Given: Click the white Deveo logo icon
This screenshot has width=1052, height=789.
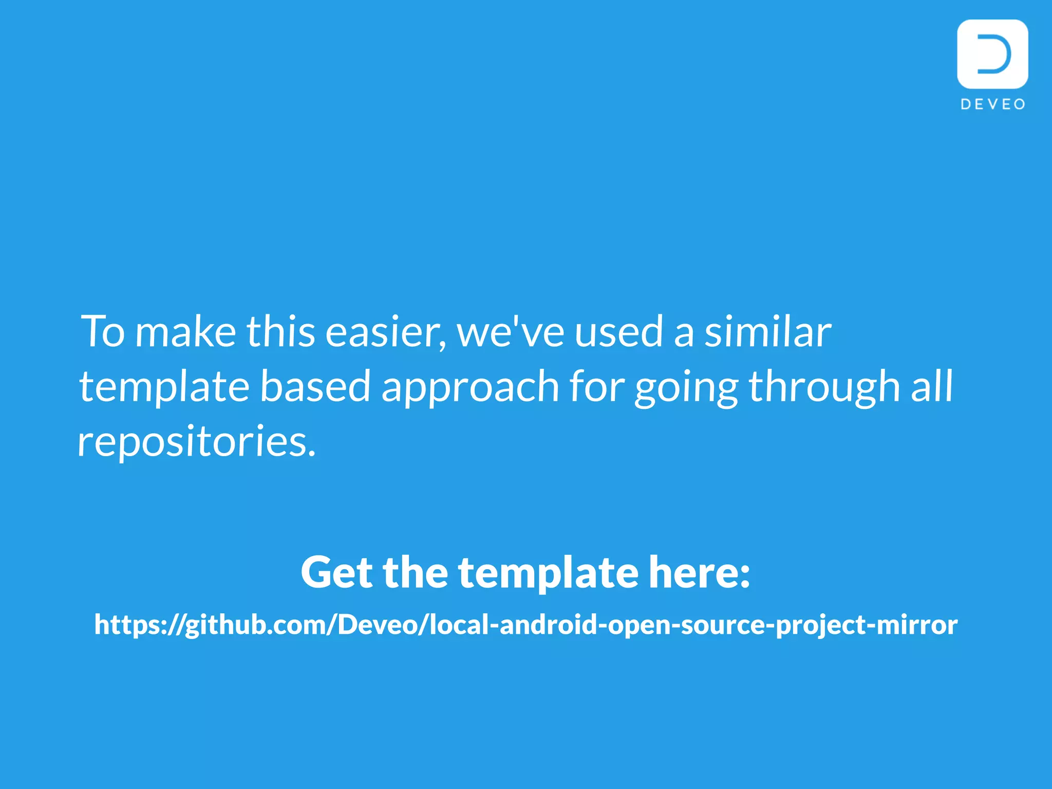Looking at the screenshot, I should [x=992, y=54].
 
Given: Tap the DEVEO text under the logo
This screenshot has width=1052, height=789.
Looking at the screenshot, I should [x=993, y=104].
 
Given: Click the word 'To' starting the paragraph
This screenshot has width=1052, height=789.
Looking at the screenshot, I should [x=103, y=332].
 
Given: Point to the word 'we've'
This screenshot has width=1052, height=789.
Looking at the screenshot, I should [x=510, y=332].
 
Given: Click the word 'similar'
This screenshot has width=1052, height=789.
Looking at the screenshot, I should [x=767, y=332].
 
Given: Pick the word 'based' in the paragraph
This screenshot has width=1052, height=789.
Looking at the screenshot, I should [x=315, y=386].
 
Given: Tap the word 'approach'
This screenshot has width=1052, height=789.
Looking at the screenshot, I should [x=470, y=386].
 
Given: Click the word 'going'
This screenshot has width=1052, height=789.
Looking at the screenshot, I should [x=686, y=386].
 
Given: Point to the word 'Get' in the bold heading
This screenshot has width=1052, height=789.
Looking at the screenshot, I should [x=336, y=572].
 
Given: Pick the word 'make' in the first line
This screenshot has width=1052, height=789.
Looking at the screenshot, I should [x=185, y=332].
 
